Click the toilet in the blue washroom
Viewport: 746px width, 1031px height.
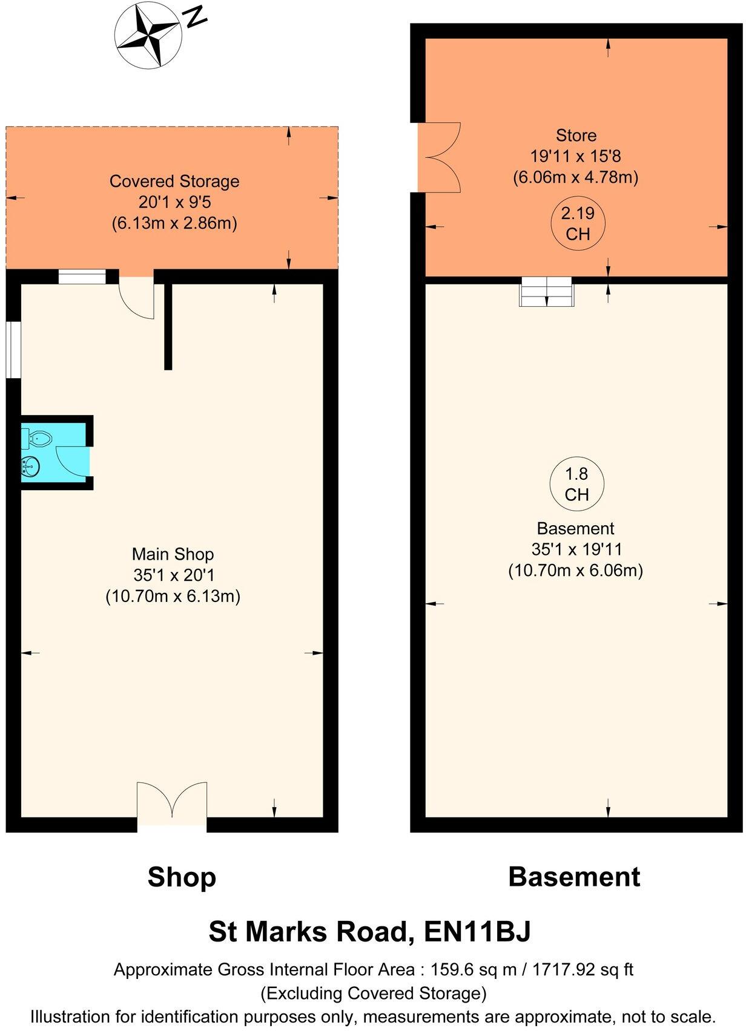[x=38, y=437]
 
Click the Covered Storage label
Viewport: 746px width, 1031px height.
[x=174, y=182]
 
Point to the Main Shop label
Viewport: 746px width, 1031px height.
[x=173, y=554]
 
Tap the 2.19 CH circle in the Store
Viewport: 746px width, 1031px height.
[x=577, y=223]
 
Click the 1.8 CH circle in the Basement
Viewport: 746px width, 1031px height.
[x=576, y=485]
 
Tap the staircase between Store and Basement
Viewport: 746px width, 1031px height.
[x=546, y=291]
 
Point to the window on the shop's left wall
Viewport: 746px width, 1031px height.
[x=13, y=350]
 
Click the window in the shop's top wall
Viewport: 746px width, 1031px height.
[x=82, y=277]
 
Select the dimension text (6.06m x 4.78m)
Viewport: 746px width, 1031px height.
[x=575, y=178]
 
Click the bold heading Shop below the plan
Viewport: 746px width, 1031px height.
[x=182, y=877]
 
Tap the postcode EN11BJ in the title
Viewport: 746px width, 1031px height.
[x=477, y=931]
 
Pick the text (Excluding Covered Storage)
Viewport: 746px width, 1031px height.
[x=373, y=993]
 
